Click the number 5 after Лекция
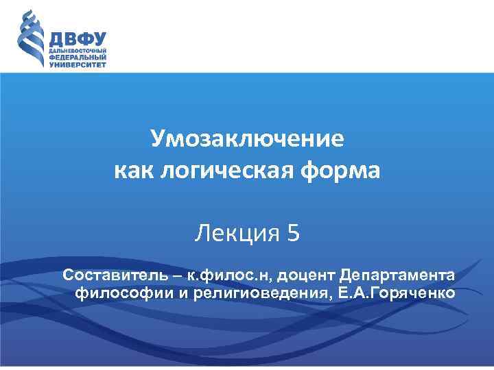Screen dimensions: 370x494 pyautogui.click(x=294, y=234)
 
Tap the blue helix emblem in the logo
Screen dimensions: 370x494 pyautogui.click(x=30, y=39)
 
